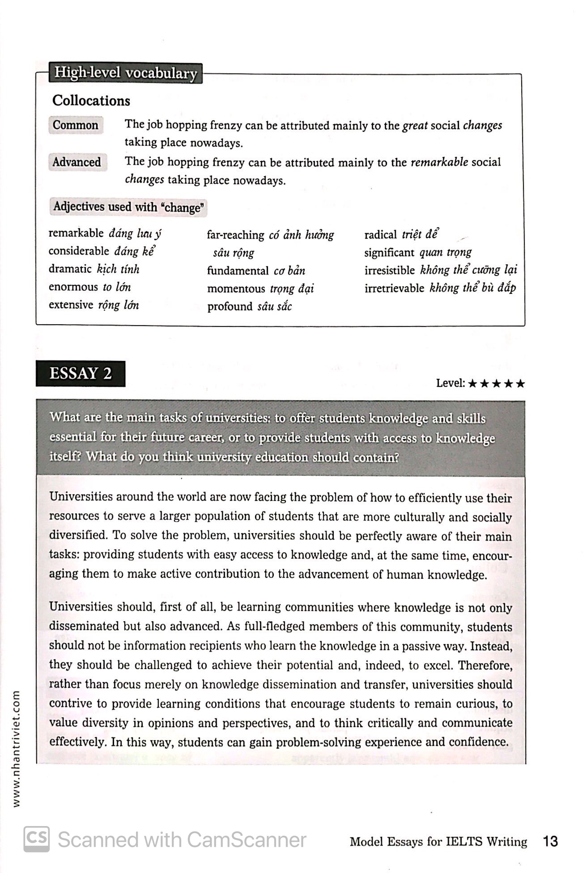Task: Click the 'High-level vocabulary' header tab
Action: pyautogui.click(x=125, y=73)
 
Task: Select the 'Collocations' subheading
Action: pyautogui.click(x=91, y=101)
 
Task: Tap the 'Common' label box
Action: pyautogui.click(x=76, y=125)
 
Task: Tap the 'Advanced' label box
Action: pyautogui.click(x=77, y=162)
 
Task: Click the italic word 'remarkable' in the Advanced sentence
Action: pyautogui.click(x=439, y=162)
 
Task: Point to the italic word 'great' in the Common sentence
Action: pyautogui.click(x=415, y=126)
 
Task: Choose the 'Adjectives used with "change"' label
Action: pyautogui.click(x=128, y=207)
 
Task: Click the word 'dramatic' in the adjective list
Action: pyautogui.click(x=70, y=269)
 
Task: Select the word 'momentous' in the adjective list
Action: pyautogui.click(x=236, y=289)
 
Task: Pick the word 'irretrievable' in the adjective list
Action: pyautogui.click(x=394, y=288)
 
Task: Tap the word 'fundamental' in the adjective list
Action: pyautogui.click(x=238, y=271)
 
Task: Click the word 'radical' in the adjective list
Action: pyautogui.click(x=380, y=235)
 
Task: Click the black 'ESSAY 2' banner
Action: pyautogui.click(x=81, y=373)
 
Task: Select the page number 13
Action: pyautogui.click(x=550, y=842)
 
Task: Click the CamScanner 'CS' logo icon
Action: pyautogui.click(x=37, y=839)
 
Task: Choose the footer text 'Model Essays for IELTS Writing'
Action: pyautogui.click(x=438, y=842)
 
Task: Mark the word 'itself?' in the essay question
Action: pyautogui.click(x=65, y=457)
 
